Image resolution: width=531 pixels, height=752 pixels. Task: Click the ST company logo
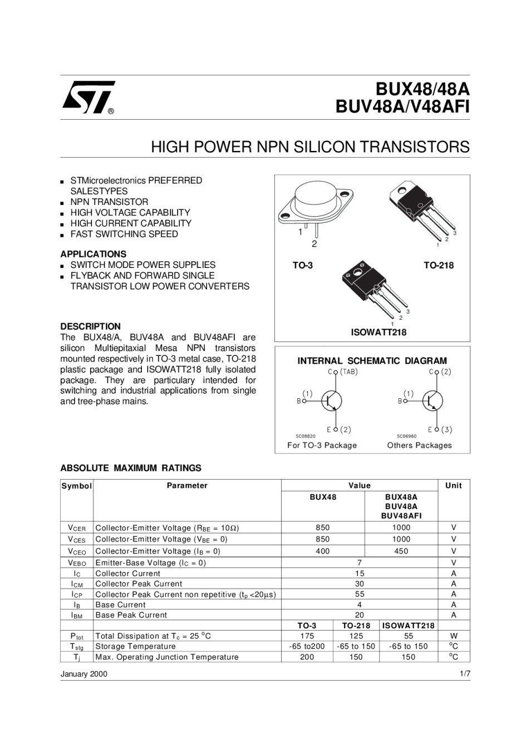click(x=88, y=97)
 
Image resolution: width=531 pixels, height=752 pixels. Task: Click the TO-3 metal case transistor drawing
click(x=315, y=206)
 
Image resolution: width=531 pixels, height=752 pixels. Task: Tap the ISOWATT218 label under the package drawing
click(x=378, y=333)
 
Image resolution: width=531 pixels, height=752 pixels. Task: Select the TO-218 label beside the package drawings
click(x=439, y=266)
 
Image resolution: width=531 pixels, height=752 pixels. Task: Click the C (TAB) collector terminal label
click(x=343, y=372)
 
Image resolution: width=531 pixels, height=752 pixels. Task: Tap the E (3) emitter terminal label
click(x=440, y=429)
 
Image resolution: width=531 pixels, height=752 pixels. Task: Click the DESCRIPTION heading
click(x=90, y=326)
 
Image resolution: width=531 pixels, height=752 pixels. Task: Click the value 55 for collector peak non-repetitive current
click(x=360, y=594)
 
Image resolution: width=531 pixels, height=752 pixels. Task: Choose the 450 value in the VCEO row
click(x=401, y=551)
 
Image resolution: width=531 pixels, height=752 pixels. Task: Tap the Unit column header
click(x=454, y=486)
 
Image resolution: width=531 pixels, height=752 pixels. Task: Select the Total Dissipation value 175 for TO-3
click(x=307, y=636)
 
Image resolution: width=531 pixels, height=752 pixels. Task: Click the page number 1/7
click(x=465, y=674)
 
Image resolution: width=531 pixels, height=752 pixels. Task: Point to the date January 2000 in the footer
click(x=84, y=674)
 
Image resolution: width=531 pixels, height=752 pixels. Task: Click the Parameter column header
click(x=187, y=486)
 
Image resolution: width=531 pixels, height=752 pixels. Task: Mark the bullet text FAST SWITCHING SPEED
click(x=124, y=234)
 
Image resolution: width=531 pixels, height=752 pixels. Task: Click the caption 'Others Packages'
click(x=420, y=445)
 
